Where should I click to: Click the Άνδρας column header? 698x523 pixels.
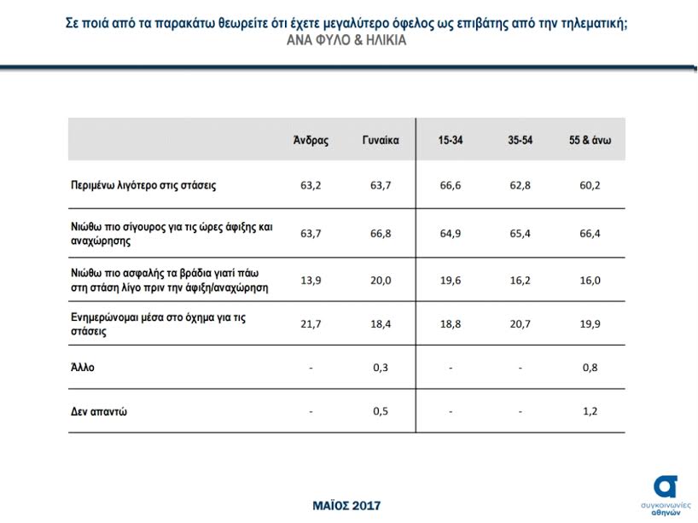[311, 140]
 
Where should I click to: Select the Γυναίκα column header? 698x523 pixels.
[381, 140]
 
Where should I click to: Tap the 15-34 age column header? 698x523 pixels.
[451, 140]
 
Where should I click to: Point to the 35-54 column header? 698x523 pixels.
[521, 140]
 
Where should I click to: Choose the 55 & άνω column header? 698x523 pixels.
[590, 140]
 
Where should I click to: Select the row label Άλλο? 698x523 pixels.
[83, 368]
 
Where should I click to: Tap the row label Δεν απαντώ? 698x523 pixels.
[99, 411]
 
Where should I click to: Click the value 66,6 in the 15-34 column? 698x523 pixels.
[451, 183]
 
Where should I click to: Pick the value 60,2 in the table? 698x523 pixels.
[590, 183]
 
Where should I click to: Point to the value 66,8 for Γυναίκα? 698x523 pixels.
[381, 232]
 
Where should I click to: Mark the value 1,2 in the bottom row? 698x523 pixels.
[590, 411]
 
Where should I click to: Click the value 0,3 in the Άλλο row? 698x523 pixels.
[381, 368]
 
